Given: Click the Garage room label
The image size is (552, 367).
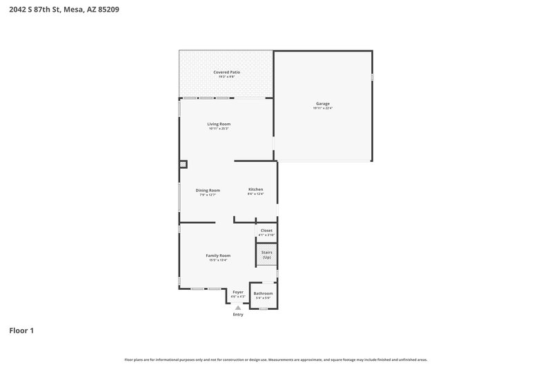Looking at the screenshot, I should [x=323, y=104].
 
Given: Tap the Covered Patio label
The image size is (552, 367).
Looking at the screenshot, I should [x=226, y=72].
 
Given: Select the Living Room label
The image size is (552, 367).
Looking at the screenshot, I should [x=219, y=124].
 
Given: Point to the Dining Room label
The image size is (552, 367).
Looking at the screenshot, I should [x=208, y=190].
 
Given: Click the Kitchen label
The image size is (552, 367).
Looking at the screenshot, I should [x=255, y=189].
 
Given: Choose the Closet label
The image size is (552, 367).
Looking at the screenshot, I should [x=266, y=231].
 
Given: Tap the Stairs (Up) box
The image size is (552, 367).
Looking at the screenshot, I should [x=267, y=255].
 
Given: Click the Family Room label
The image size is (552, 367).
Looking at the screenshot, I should [x=218, y=255].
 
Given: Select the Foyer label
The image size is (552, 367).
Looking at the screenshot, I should [x=238, y=292].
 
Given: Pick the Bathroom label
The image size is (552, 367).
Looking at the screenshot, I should [x=263, y=293].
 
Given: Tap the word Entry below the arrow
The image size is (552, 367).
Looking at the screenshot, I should [x=238, y=315].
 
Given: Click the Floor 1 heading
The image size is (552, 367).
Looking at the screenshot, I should [x=21, y=331].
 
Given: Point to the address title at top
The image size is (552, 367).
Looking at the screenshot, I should [x=55, y=10].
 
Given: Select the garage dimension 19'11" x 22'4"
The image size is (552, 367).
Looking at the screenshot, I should [x=323, y=109].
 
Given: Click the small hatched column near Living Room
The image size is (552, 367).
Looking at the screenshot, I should [x=183, y=164].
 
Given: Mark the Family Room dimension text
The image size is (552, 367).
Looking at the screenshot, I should [x=218, y=260].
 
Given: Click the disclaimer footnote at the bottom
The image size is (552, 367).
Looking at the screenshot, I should [x=276, y=359].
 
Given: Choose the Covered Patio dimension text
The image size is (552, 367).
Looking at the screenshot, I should [x=226, y=76].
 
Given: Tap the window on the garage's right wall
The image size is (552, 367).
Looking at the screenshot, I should [x=373, y=77].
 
